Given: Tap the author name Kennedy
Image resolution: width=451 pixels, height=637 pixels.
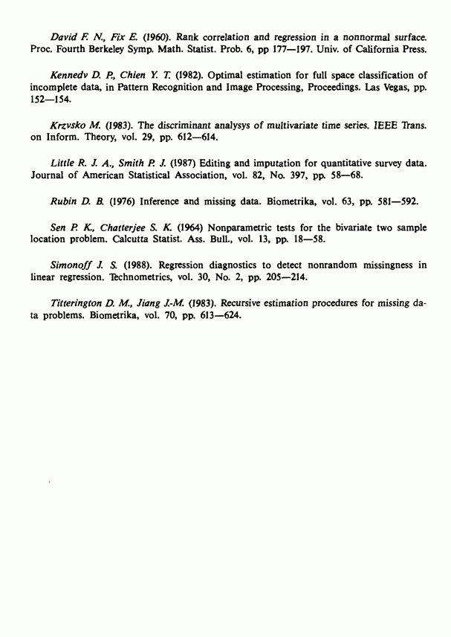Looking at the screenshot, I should click(x=71, y=76).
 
